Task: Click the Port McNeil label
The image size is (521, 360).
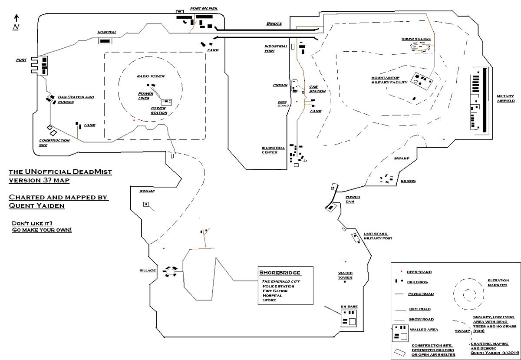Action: point(204,8)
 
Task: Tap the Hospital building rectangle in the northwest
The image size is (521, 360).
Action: point(105,41)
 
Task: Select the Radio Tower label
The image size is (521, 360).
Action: point(151,76)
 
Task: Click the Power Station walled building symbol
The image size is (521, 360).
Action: point(167,102)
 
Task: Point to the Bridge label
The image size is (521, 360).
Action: point(274,24)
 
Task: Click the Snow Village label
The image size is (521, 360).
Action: point(416,39)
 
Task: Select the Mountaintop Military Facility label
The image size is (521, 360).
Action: point(389,80)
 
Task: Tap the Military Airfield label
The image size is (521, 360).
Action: point(506,99)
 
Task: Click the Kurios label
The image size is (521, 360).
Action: point(408,181)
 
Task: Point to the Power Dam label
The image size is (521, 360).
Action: point(353,199)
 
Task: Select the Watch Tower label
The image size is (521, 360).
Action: point(345,275)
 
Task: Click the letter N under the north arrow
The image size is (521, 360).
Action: point(16,27)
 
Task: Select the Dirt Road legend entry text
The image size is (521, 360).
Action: point(419,309)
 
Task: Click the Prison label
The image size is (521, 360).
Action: point(280,85)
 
